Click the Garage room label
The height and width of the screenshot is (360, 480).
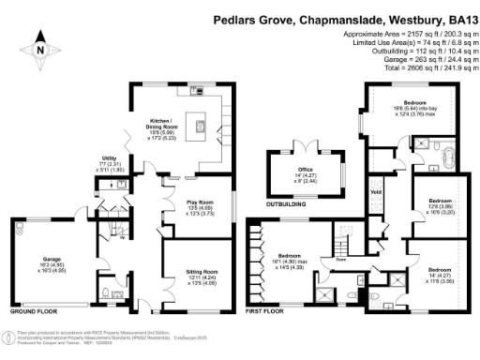pos(52,261)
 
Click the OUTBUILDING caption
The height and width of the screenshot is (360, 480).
pos(290,202)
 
